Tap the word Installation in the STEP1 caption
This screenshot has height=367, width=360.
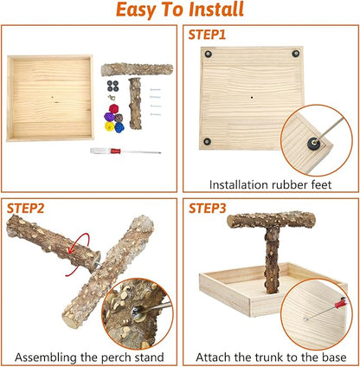click(x=230, y=183)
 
